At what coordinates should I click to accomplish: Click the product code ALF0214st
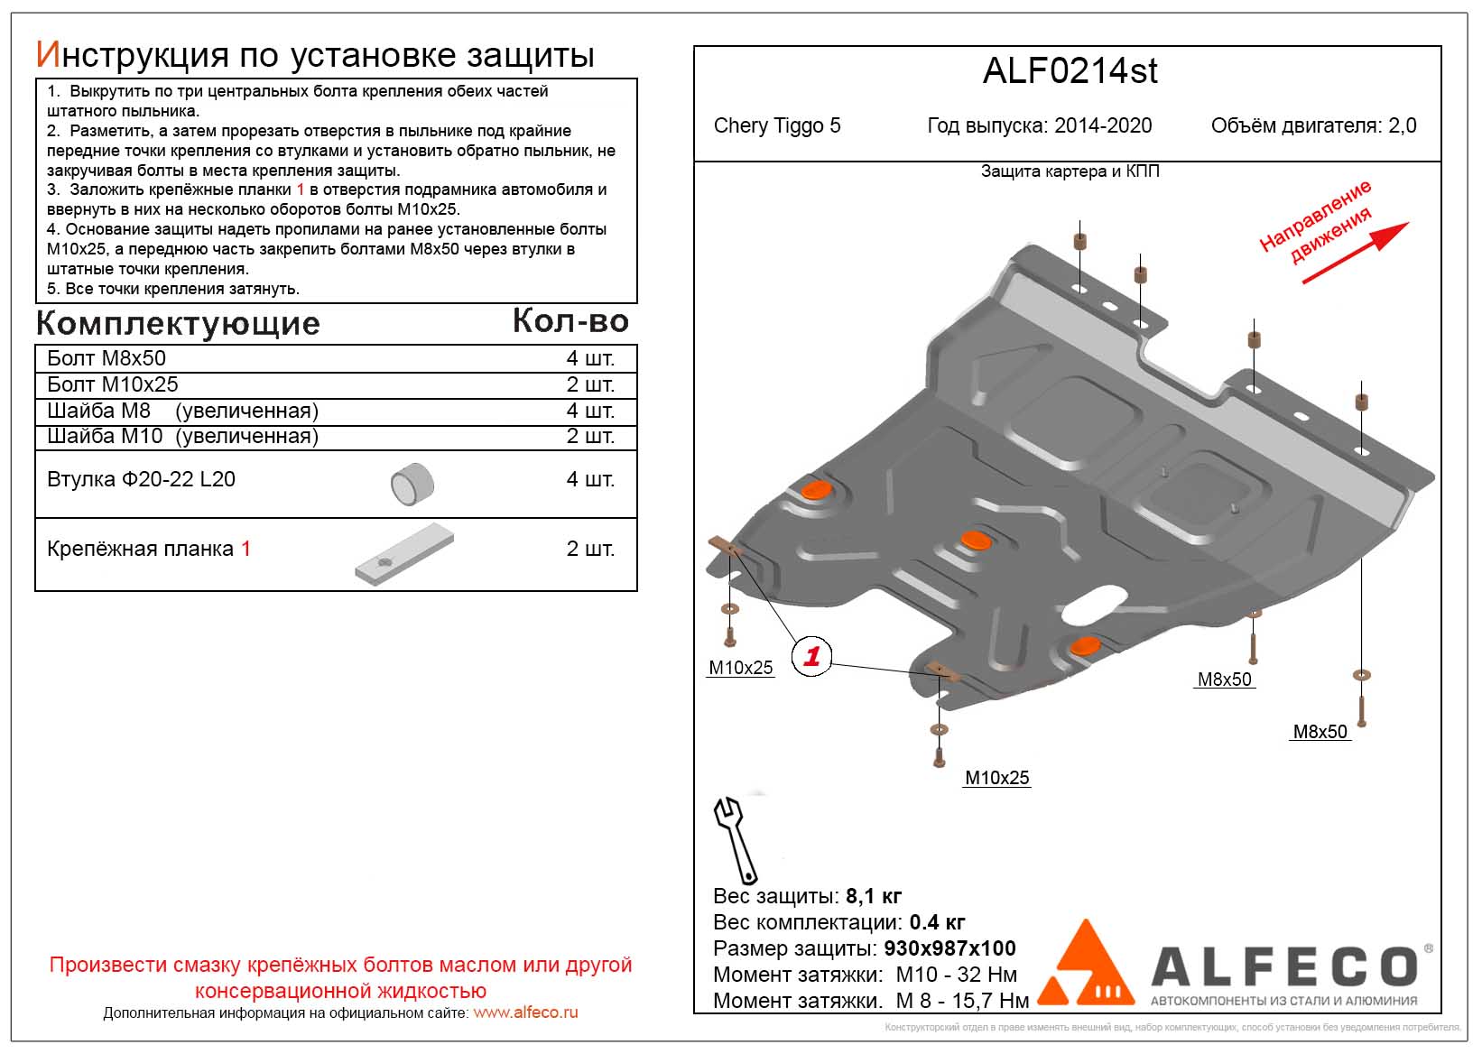click(x=1070, y=71)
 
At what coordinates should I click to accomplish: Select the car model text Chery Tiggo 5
click(x=776, y=125)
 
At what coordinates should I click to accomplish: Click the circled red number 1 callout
click(x=810, y=656)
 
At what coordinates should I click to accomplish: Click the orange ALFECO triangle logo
click(x=1087, y=965)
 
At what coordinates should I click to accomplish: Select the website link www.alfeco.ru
click(x=525, y=1012)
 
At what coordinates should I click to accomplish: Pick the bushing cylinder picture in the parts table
click(x=412, y=484)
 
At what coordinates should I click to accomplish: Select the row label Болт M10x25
click(x=113, y=384)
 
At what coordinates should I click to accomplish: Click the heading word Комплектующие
click(x=178, y=323)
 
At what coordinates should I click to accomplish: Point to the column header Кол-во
click(x=570, y=320)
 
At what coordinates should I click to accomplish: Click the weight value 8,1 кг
click(x=873, y=896)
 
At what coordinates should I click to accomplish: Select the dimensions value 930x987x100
click(x=949, y=948)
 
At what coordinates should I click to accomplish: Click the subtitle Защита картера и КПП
click(x=1070, y=171)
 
